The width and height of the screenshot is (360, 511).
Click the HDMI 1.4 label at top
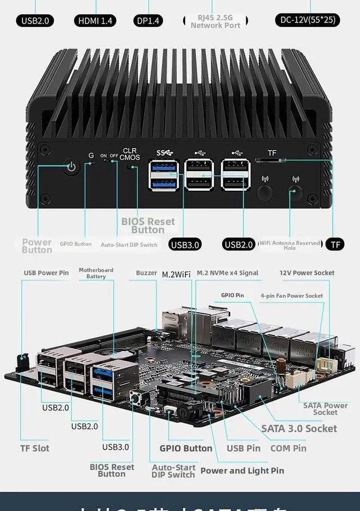point(95,21)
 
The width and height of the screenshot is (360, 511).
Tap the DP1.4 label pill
point(148,21)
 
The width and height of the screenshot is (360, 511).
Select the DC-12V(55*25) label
point(308,20)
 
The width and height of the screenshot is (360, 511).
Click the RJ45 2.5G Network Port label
point(215,21)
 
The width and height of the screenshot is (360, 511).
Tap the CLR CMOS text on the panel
point(130,154)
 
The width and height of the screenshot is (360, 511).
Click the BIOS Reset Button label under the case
point(148,225)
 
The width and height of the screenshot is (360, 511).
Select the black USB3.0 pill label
point(185,244)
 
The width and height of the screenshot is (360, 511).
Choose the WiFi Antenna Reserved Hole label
point(289,245)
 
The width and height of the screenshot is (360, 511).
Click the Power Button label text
point(37,246)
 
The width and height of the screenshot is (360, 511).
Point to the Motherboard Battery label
point(96,273)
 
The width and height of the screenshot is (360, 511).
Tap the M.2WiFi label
point(176,274)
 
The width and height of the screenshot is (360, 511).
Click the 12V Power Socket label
point(307,273)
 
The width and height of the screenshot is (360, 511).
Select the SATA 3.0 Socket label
point(299,428)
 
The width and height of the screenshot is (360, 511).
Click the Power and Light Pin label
point(242,470)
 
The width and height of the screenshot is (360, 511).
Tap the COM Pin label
point(288,448)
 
